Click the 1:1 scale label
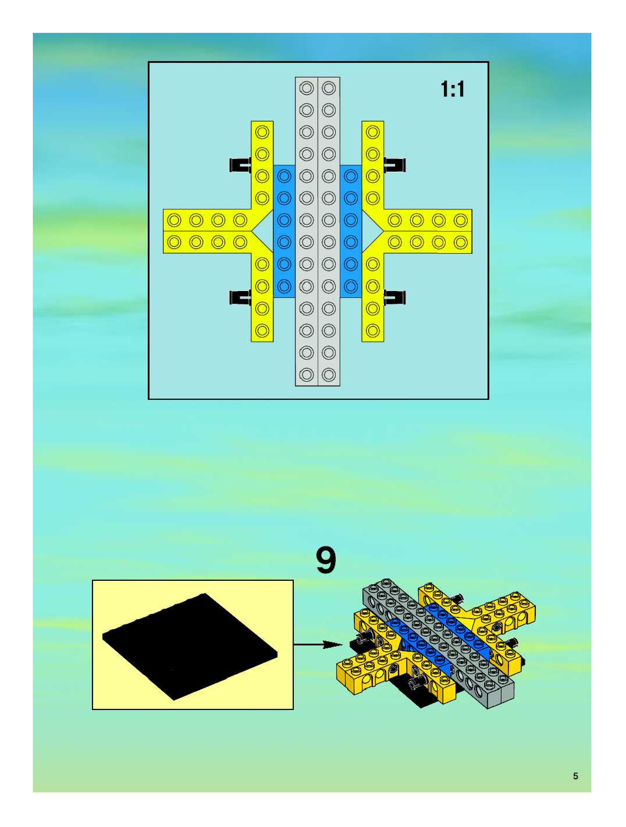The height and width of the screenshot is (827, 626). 453,90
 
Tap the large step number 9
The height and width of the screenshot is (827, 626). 326,561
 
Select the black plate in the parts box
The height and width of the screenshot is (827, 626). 190,646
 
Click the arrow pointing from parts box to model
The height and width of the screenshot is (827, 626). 318,644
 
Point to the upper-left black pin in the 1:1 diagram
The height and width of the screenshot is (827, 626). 239,165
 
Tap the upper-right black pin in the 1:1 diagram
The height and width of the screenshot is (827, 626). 395,165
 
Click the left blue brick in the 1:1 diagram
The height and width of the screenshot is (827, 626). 284,231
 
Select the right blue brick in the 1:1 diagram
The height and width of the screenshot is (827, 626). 351,231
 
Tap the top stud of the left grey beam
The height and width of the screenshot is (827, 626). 307,88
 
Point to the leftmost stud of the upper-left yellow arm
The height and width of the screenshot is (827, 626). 174,220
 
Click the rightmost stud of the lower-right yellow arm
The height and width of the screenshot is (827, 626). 461,242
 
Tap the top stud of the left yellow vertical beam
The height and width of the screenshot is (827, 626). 262,132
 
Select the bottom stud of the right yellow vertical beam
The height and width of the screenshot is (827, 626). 373,331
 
